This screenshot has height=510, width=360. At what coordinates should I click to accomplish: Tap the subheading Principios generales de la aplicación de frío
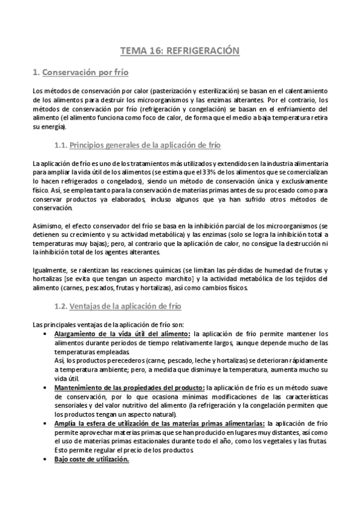coord(145,145)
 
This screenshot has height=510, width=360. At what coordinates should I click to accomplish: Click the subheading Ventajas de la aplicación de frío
coord(125,306)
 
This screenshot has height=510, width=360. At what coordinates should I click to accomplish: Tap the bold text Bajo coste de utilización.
coord(91,458)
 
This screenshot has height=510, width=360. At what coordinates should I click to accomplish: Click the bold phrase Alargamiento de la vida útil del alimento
coord(122,334)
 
